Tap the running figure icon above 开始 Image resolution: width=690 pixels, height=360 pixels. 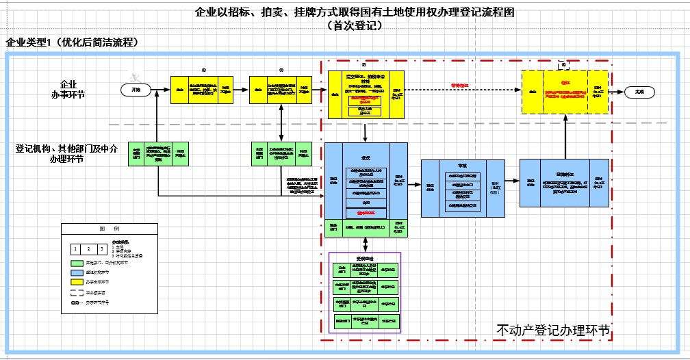pyautogui.click(x=138, y=77)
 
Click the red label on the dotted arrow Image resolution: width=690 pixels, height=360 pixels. pyautogui.click(x=459, y=85)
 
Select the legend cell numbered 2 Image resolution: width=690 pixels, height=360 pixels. pyautogui.click(x=89, y=248)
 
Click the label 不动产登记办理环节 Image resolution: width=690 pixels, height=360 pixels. pyautogui.click(x=553, y=330)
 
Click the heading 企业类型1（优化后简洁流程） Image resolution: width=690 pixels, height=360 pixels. pyautogui.click(x=73, y=42)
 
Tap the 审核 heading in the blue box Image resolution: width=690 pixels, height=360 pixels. pyautogui.click(x=461, y=166)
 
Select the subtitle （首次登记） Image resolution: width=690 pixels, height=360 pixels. pyautogui.click(x=354, y=26)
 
